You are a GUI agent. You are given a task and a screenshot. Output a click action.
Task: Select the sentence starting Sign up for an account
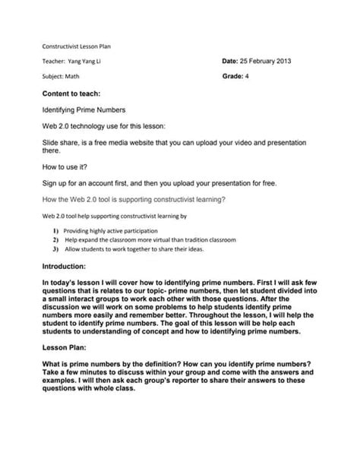(x=159, y=183)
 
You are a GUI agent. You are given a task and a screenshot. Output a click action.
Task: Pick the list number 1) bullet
(x=55, y=229)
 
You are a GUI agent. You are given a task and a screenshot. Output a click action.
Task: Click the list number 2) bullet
(x=55, y=239)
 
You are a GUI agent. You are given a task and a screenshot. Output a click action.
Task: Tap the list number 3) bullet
(x=55, y=248)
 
